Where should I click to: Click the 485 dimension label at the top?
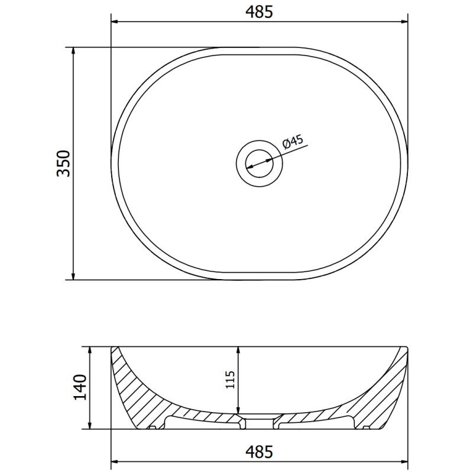pyautogui.click(x=260, y=12)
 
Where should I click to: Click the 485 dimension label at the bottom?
pyautogui.click(x=260, y=453)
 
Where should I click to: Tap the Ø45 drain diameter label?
pyautogui.click(x=293, y=142)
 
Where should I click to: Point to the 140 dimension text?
pyautogui.click(x=81, y=388)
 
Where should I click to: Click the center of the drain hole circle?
pyautogui.click(x=259, y=161)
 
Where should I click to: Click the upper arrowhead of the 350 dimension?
pyautogui.click(x=73, y=50)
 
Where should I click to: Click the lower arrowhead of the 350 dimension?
pyautogui.click(x=73, y=276)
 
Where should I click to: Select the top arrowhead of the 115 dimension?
pyautogui.click(x=238, y=349)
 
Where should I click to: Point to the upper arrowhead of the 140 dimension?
pyautogui.click(x=90, y=349)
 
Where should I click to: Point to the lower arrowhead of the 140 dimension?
pyautogui.click(x=90, y=426)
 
